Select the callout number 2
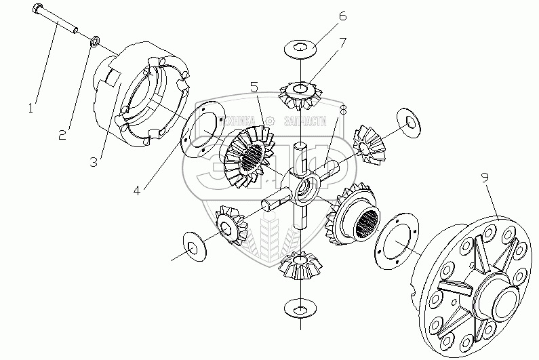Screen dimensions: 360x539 (62, 134)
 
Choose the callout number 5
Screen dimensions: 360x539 (254, 87)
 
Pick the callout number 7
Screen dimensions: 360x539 (343, 43)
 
